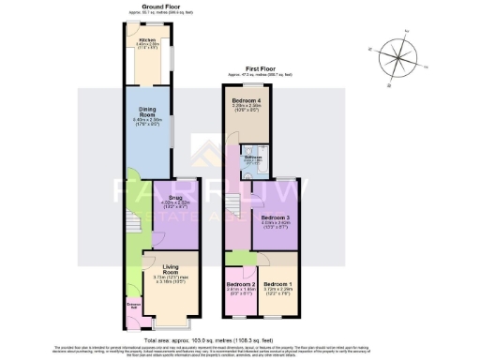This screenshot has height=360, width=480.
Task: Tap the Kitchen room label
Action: click(x=147, y=40)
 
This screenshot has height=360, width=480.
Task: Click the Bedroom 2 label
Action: click(x=239, y=283)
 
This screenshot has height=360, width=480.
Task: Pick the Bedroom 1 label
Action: click(x=277, y=283)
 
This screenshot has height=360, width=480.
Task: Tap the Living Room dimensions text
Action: click(x=170, y=282)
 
